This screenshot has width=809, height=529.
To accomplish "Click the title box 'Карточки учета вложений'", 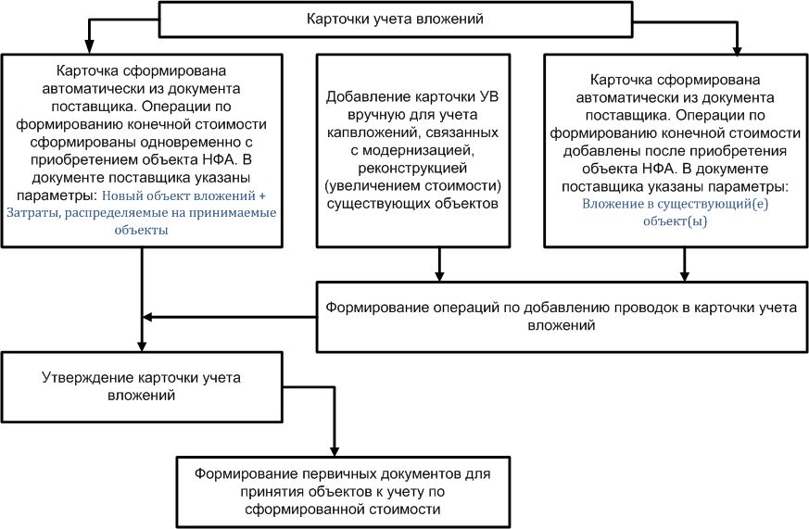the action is pos(396,19).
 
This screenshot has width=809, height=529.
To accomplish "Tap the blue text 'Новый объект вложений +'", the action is pos(184,195).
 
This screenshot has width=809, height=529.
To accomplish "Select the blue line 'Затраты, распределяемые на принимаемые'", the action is pos(142,213).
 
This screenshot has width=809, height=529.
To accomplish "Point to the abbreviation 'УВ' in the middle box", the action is pos(489,97).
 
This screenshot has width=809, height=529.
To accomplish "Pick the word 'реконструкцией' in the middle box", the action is pos(412,168).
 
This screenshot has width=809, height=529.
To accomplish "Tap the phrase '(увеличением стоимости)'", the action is pos(412,185).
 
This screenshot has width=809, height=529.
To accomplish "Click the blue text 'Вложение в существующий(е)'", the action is pos(675,204).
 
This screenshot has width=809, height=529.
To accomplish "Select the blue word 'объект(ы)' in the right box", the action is pos(675,221).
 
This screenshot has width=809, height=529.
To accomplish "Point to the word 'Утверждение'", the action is pos(88,378).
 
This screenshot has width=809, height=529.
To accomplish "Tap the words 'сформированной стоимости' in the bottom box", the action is pos(343,510).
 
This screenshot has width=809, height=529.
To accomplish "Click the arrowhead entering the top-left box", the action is pos(89,48).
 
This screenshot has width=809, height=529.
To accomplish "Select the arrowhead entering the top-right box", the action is pos(738,50).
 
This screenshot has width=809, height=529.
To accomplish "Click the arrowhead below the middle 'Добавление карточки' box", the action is pos(439,275).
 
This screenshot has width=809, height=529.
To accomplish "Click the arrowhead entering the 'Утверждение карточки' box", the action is pos(142,346).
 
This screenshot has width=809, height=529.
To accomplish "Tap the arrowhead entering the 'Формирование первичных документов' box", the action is pos(335,450).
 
